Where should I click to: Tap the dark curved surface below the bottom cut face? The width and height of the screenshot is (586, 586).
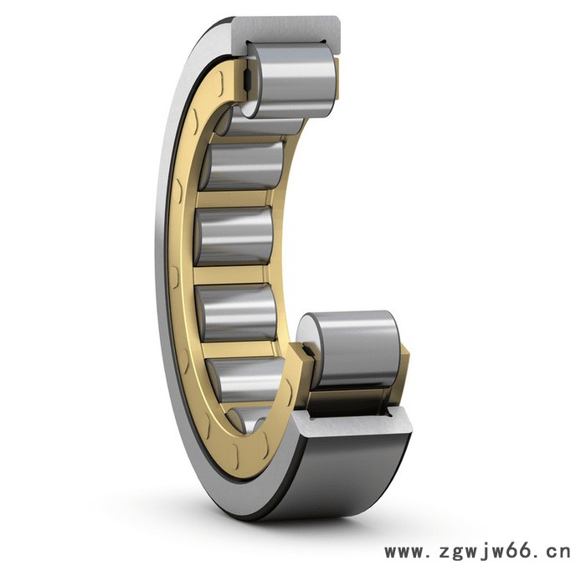click(344, 475)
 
